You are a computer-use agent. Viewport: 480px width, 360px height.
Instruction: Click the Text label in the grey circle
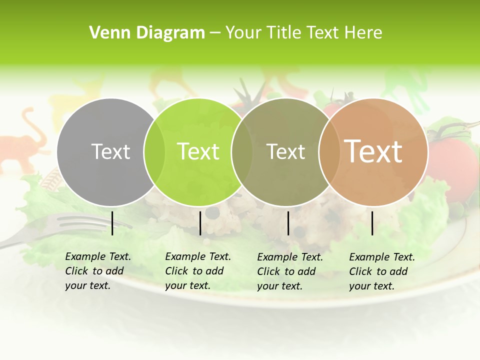pos(111,151)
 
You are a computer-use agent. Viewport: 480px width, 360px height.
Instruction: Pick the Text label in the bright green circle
pos(198,151)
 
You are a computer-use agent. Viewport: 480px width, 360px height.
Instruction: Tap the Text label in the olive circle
pos(286,151)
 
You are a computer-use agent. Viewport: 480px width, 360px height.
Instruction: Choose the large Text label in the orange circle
pos(373,151)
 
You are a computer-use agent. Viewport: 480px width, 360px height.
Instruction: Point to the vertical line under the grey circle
pos(112,223)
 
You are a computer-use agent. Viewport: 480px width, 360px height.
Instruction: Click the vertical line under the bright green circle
pos(200,223)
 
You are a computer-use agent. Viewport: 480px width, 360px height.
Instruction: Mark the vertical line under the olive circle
pos(288,223)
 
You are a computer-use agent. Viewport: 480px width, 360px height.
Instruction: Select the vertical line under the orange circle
pos(372,223)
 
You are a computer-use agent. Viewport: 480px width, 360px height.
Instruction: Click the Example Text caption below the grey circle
pos(97,271)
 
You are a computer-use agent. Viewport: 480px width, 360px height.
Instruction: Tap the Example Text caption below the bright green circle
pos(197,271)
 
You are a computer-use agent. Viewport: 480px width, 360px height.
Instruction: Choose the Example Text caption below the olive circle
pos(289,271)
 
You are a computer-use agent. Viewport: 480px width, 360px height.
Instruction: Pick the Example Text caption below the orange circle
pos(381,271)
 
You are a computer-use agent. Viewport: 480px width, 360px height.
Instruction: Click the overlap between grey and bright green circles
pos(154,152)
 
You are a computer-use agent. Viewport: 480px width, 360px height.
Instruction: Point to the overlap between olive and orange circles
pos(329,152)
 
